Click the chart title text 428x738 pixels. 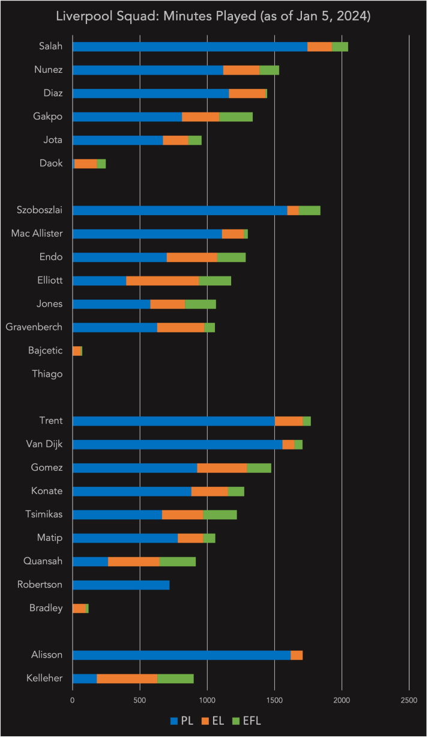(214, 17)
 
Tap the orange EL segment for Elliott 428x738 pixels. (162, 281)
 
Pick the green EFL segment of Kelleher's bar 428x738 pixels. (175, 679)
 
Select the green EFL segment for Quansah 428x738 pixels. (178, 561)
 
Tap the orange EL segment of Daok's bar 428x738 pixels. (85, 163)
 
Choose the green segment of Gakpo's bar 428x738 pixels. (236, 117)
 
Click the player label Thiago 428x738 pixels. (47, 374)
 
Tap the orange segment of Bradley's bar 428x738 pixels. (79, 608)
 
